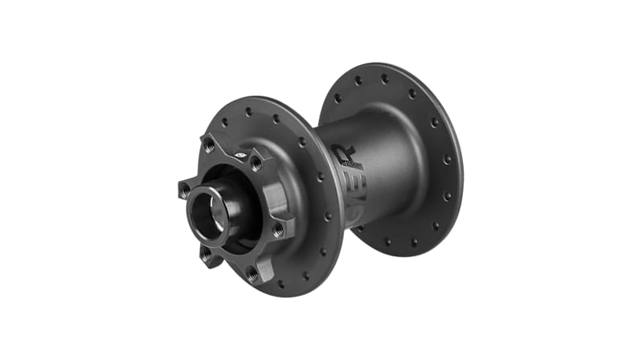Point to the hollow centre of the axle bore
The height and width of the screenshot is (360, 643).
(x=207, y=213)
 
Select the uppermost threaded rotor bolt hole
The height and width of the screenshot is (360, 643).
(x=210, y=145)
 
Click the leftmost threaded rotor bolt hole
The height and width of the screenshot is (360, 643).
(x=184, y=190)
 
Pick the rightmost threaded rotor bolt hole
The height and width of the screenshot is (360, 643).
(x=278, y=230)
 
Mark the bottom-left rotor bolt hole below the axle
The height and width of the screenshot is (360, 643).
(x=207, y=256)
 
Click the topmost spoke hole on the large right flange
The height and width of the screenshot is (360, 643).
(x=384, y=79)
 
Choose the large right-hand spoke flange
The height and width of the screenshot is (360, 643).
(x=426, y=161)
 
